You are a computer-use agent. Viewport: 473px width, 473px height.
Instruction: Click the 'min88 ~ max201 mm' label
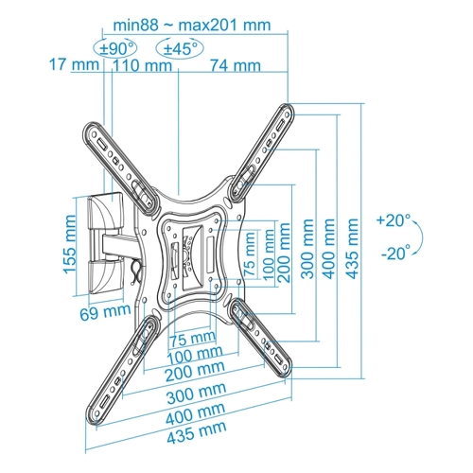(x=192, y=25)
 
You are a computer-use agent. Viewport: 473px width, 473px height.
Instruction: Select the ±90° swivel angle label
(x=115, y=49)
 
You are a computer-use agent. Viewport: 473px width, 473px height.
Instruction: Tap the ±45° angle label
(x=181, y=49)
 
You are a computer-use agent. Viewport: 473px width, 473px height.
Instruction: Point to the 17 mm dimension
(x=75, y=64)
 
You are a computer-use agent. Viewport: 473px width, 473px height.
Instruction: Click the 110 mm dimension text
(x=143, y=65)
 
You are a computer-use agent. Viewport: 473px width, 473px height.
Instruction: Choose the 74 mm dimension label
(x=236, y=65)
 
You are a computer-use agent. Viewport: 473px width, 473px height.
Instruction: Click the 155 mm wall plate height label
(x=70, y=244)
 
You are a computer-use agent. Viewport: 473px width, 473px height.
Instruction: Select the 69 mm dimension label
(x=105, y=312)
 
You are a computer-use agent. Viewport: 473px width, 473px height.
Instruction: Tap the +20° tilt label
(x=394, y=220)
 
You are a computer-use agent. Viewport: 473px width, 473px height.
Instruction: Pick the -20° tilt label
(x=396, y=253)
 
